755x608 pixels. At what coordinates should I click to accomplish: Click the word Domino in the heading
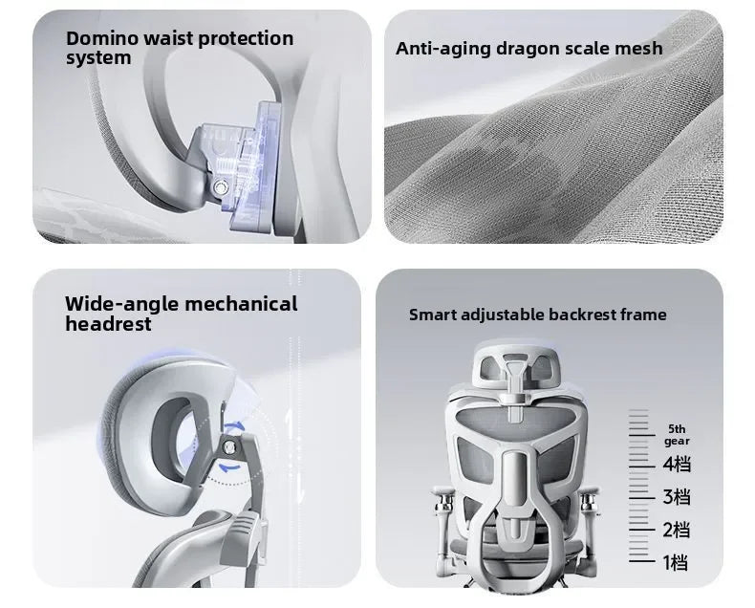pyautogui.click(x=102, y=38)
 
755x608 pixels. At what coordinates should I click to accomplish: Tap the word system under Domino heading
pyautogui.click(x=98, y=58)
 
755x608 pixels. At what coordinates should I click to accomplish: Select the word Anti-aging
pyautogui.click(x=443, y=49)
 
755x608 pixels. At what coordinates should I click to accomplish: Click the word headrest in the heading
pyautogui.click(x=108, y=324)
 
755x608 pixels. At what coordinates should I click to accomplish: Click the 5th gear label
pyautogui.click(x=678, y=435)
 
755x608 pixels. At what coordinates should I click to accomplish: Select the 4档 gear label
pyautogui.click(x=677, y=465)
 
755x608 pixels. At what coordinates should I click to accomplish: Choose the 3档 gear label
pyautogui.click(x=677, y=497)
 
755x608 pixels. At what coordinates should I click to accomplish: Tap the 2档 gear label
pyautogui.click(x=677, y=530)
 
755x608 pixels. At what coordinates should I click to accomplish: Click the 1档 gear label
pyautogui.click(x=676, y=562)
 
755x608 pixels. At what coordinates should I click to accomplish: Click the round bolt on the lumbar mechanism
pyautogui.click(x=222, y=187)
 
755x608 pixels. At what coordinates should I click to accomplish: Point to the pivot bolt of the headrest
pyautogui.click(x=230, y=447)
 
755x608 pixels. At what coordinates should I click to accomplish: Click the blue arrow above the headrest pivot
pyautogui.click(x=235, y=427)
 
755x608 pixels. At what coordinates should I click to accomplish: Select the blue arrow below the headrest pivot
pyautogui.click(x=229, y=467)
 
